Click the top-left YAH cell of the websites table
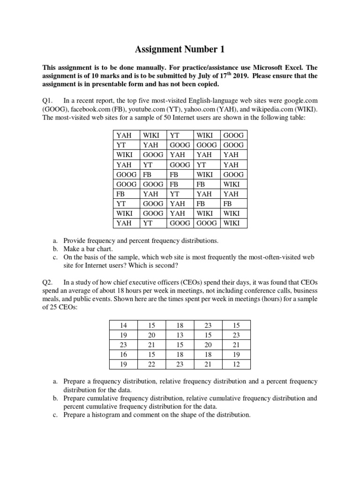click(x=124, y=135)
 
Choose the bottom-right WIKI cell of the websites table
click(x=232, y=223)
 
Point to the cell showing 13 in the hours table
click(x=180, y=335)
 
